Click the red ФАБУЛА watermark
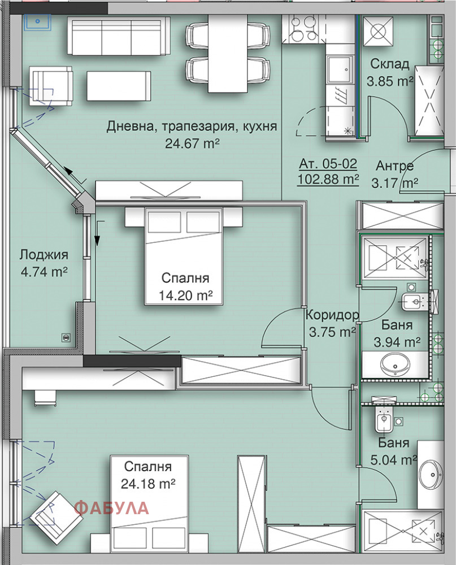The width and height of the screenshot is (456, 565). click(111, 508)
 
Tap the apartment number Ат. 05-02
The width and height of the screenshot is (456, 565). click(328, 164)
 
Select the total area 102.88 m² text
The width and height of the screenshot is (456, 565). click(328, 179)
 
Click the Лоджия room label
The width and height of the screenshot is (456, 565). click(44, 255)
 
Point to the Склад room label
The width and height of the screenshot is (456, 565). click(390, 64)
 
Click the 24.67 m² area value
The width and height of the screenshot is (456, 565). click(192, 144)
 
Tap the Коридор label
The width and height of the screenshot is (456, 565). click(332, 315)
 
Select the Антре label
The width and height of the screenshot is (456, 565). click(394, 166)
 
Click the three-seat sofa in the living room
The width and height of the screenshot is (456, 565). click(114, 37)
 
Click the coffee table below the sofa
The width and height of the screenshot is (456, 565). click(119, 86)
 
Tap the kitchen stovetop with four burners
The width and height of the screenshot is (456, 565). click(303, 29)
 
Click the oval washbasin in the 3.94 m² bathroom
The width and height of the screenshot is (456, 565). click(396, 364)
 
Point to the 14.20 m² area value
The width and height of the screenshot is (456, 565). click(186, 295)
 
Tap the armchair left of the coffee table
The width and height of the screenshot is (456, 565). click(50, 86)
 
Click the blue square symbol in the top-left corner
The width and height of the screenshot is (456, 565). click(37, 21)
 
